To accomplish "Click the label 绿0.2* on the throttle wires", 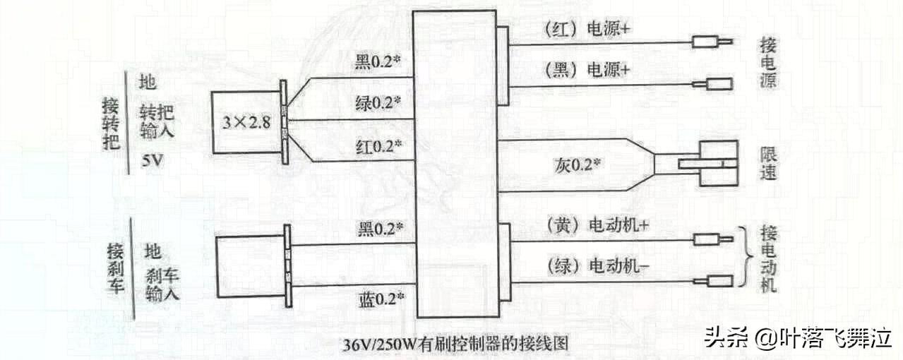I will coord(378,104).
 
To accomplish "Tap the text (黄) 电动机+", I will coord(597,224).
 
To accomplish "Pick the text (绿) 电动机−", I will coord(597,267).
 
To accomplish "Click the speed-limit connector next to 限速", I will coord(717,164).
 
